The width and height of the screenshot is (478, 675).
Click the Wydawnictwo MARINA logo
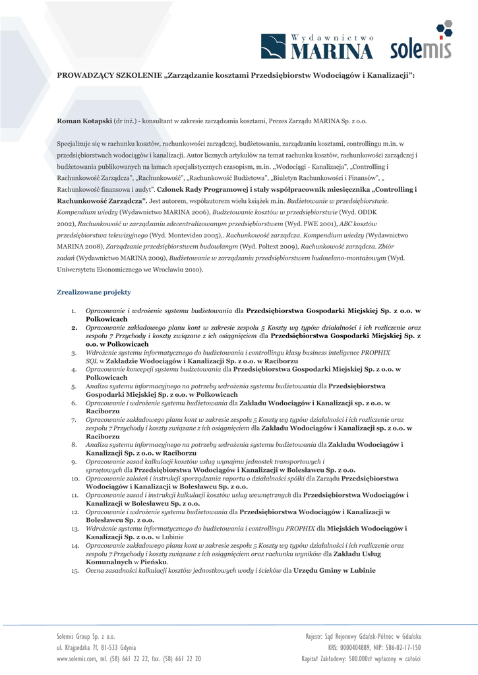pos(316,46)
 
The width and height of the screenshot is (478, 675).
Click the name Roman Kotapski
pos(84,122)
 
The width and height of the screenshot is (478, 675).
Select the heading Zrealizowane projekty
pos(94,292)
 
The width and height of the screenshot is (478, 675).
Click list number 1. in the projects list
pos(74,310)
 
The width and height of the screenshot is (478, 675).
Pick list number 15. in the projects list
pos(75,571)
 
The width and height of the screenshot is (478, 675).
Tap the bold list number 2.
pos(75,327)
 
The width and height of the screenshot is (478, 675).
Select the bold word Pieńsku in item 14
pos(154,562)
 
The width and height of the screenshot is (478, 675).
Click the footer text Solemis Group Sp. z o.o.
pos(86,636)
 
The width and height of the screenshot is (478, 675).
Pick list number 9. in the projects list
pos(74,462)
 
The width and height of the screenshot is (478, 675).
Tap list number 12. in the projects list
pos(75,512)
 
